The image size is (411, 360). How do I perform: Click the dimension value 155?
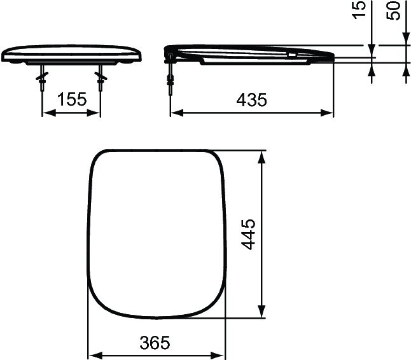point(71,100)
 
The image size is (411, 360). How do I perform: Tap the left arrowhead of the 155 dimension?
point(46,113)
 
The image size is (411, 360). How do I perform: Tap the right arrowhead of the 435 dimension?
point(329,113)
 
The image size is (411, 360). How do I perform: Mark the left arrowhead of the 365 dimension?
point(92,355)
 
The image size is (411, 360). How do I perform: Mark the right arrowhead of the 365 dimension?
point(222,355)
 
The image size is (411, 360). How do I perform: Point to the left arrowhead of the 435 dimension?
point(175,113)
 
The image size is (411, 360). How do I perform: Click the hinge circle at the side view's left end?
point(169,55)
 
